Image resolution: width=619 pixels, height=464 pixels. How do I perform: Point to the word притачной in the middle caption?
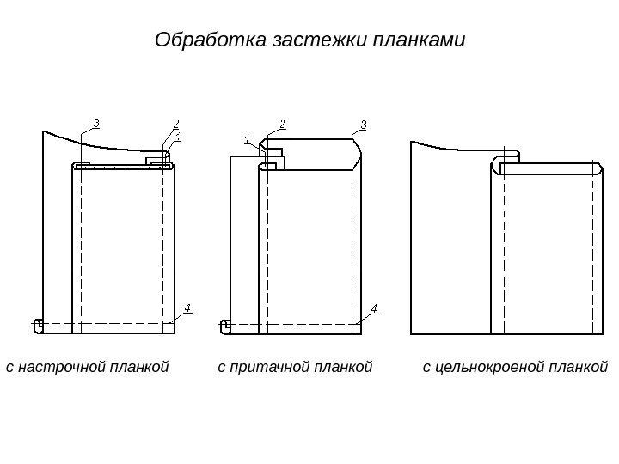pos(260,368)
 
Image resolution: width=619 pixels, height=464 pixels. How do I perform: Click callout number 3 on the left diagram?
pos(95,123)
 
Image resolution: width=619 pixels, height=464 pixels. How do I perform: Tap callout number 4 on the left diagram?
pos(187,308)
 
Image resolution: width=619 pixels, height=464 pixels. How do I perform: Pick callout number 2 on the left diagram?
pos(175,123)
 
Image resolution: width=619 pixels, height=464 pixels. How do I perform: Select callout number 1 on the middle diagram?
pos(247,138)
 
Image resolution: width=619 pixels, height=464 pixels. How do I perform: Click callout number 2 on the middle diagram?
pos(282,123)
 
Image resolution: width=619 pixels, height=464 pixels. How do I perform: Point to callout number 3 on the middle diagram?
pos(363,123)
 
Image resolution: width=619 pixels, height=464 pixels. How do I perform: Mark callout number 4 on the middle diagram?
pos(374,308)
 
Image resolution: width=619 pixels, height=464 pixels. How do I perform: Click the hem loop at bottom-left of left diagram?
pos(38,326)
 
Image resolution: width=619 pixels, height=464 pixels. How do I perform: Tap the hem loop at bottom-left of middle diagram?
pos(225,326)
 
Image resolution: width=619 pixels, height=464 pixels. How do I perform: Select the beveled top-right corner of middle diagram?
pos(356,152)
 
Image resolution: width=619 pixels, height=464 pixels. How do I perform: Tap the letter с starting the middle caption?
pos(221,369)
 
